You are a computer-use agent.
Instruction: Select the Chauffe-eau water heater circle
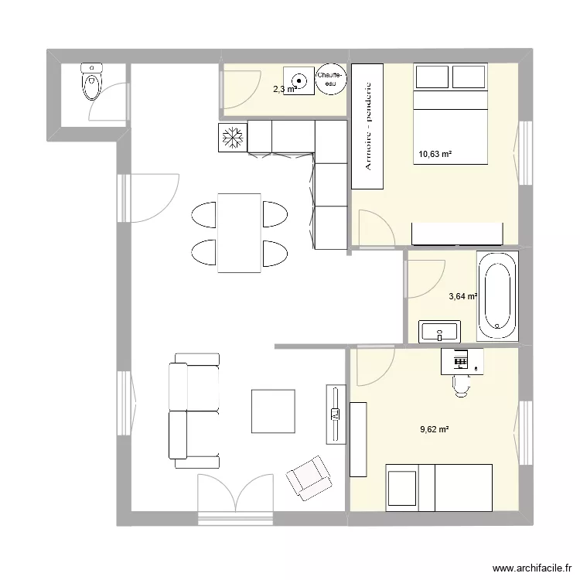point(332,78)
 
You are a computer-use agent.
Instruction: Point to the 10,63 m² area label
point(435,155)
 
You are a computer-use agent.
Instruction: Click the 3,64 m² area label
point(462,295)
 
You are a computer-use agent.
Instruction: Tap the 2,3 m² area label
point(284,90)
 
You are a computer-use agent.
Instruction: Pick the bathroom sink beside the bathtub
point(439,333)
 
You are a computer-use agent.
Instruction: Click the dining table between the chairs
point(239,233)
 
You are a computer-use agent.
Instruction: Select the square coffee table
point(273,411)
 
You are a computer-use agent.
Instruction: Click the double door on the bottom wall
point(237,495)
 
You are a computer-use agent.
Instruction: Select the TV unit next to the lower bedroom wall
point(335,415)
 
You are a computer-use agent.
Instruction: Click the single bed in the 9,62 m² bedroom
point(439,487)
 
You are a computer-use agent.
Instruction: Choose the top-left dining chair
point(204,214)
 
